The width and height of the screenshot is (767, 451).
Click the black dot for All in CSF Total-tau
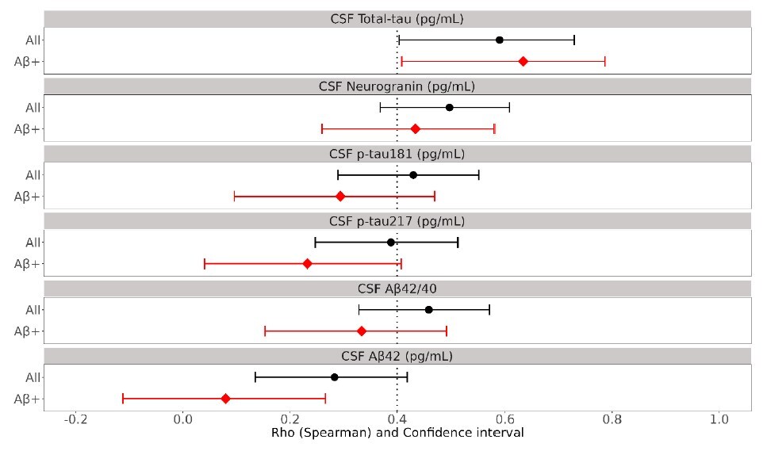(x=499, y=40)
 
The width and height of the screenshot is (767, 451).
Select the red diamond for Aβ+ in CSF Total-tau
(x=523, y=61)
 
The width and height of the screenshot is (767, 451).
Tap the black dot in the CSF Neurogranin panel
(x=449, y=107)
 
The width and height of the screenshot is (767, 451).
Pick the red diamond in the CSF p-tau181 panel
(x=340, y=196)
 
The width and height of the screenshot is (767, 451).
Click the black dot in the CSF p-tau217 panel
(x=390, y=242)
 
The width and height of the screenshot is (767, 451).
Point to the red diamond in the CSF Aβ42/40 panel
(x=362, y=331)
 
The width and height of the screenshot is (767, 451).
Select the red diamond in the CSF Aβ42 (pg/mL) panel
(x=225, y=398)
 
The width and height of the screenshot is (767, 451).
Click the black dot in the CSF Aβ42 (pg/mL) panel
(x=334, y=377)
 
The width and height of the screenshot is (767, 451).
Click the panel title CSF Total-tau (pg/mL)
(x=397, y=18)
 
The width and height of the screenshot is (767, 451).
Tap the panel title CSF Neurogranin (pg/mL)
(x=397, y=86)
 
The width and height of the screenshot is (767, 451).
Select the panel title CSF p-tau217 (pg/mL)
(x=397, y=220)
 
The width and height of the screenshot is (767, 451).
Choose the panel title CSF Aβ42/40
(x=397, y=288)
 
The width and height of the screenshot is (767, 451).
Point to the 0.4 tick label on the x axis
(x=397, y=419)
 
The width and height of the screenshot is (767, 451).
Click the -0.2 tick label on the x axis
(x=75, y=419)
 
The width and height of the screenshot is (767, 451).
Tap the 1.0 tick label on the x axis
(x=719, y=419)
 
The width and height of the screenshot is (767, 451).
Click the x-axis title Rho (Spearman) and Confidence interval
(x=397, y=434)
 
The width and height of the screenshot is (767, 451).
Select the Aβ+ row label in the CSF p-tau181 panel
(x=28, y=196)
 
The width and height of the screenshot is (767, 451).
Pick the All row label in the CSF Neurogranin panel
(x=32, y=107)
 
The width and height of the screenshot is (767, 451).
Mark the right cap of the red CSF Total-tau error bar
(x=605, y=61)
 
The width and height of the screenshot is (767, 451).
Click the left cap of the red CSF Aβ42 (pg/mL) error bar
(x=123, y=398)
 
